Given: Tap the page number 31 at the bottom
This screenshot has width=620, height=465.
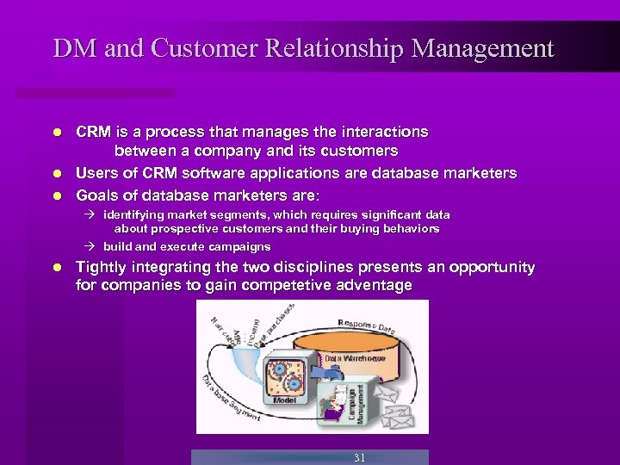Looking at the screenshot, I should point(359,458).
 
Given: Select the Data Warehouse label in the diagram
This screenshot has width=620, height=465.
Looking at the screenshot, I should point(355,357).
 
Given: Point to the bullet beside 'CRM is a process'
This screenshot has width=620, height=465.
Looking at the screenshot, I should point(56,133).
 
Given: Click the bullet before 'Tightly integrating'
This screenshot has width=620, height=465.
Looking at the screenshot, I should point(56,268).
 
